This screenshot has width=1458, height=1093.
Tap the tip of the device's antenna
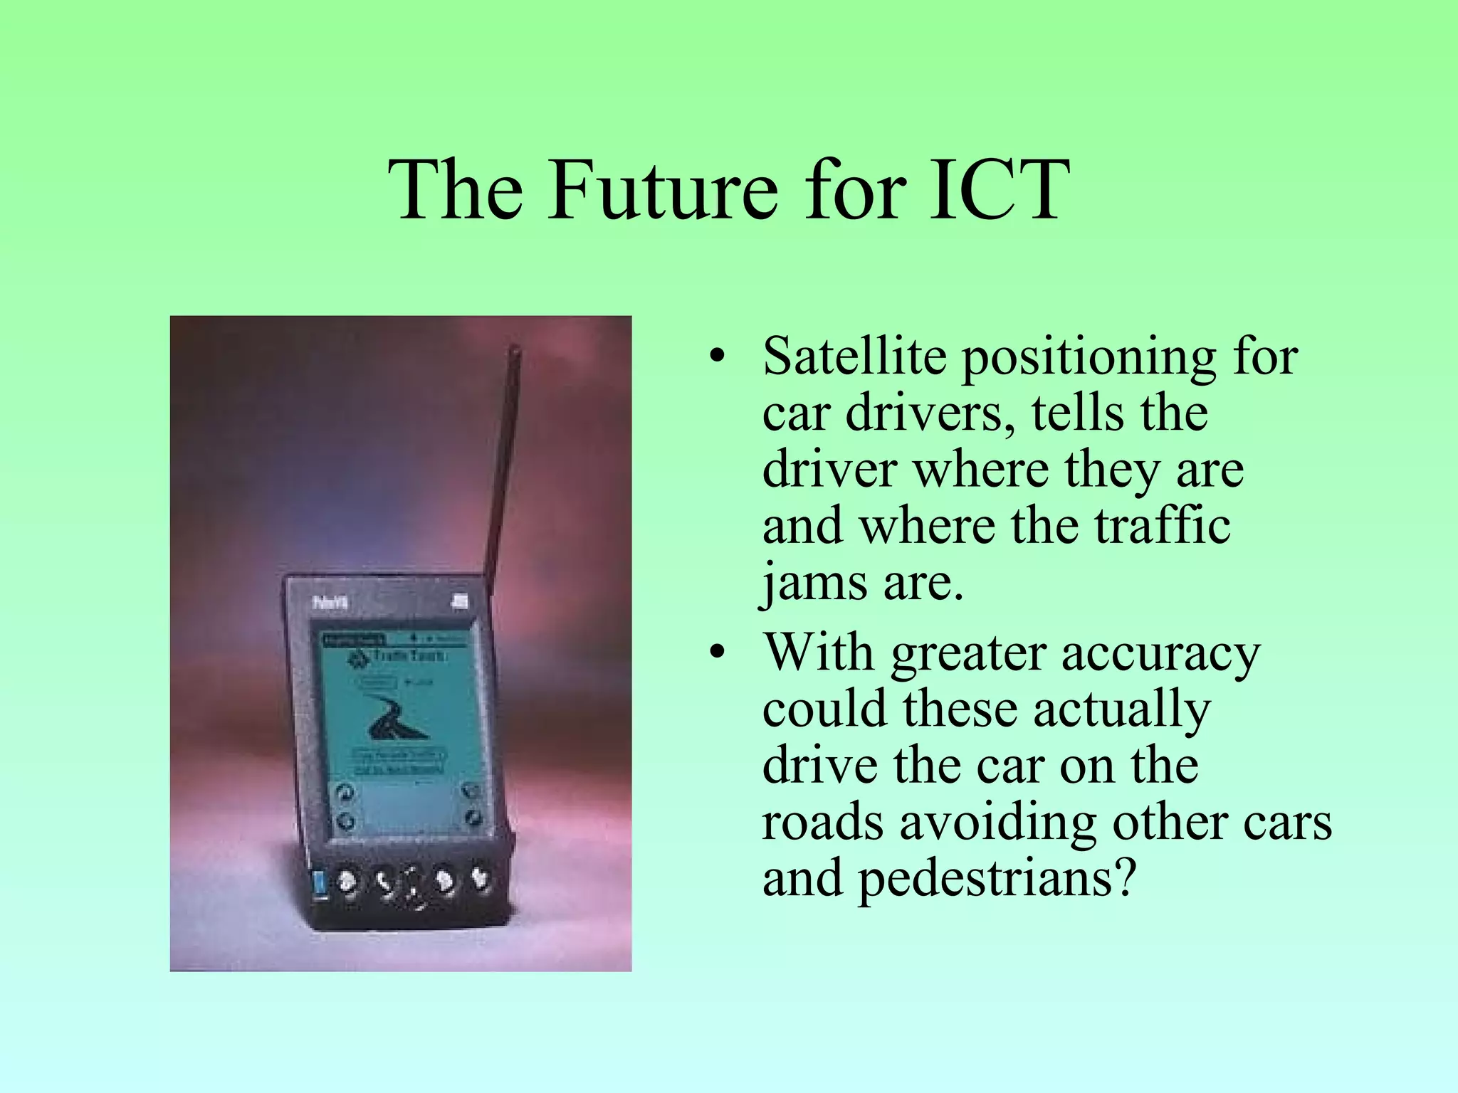point(515,350)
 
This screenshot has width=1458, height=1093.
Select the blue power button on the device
point(320,885)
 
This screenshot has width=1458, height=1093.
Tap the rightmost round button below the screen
point(480,880)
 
